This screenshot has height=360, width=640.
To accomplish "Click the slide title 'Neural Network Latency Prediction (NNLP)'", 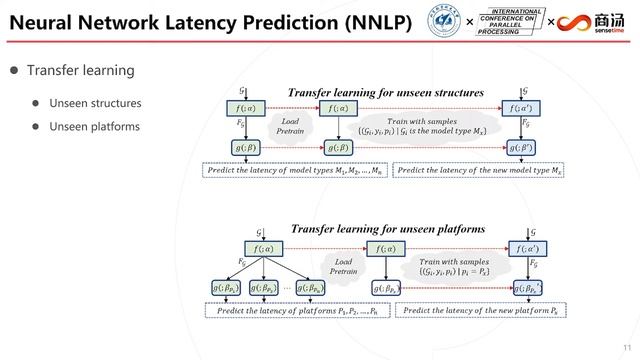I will click(206, 23).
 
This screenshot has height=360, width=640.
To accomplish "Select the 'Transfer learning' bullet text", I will click(80, 71).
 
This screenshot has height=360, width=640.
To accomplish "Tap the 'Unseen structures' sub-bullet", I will click(98, 103).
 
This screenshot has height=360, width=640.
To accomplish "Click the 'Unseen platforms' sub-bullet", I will click(97, 126).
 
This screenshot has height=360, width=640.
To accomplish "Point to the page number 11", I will click(625, 347).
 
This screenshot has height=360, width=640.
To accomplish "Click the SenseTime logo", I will click(597, 23).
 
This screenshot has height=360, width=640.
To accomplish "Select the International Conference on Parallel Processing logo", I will click(511, 22).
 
